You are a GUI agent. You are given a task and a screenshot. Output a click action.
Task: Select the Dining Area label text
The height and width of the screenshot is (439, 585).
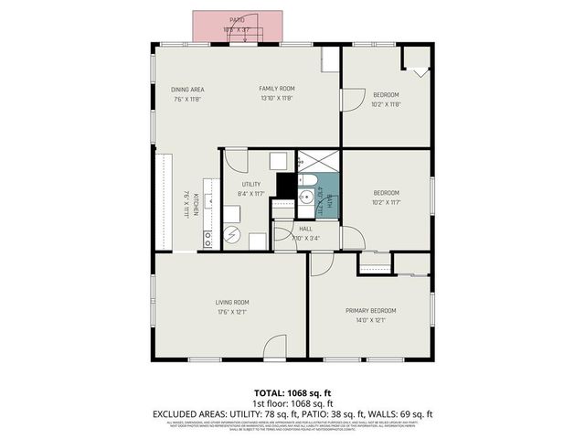[186, 89]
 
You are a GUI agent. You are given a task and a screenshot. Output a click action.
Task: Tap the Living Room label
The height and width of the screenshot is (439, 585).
[232, 302]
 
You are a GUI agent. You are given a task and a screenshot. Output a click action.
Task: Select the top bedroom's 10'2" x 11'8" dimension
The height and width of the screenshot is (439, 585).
[386, 103]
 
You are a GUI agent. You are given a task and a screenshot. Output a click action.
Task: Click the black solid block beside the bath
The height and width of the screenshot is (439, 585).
[284, 186]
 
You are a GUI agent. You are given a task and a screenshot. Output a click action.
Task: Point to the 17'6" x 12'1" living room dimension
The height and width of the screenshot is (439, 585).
[232, 313]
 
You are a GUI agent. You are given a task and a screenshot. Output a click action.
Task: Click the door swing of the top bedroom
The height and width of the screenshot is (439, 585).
[352, 102]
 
